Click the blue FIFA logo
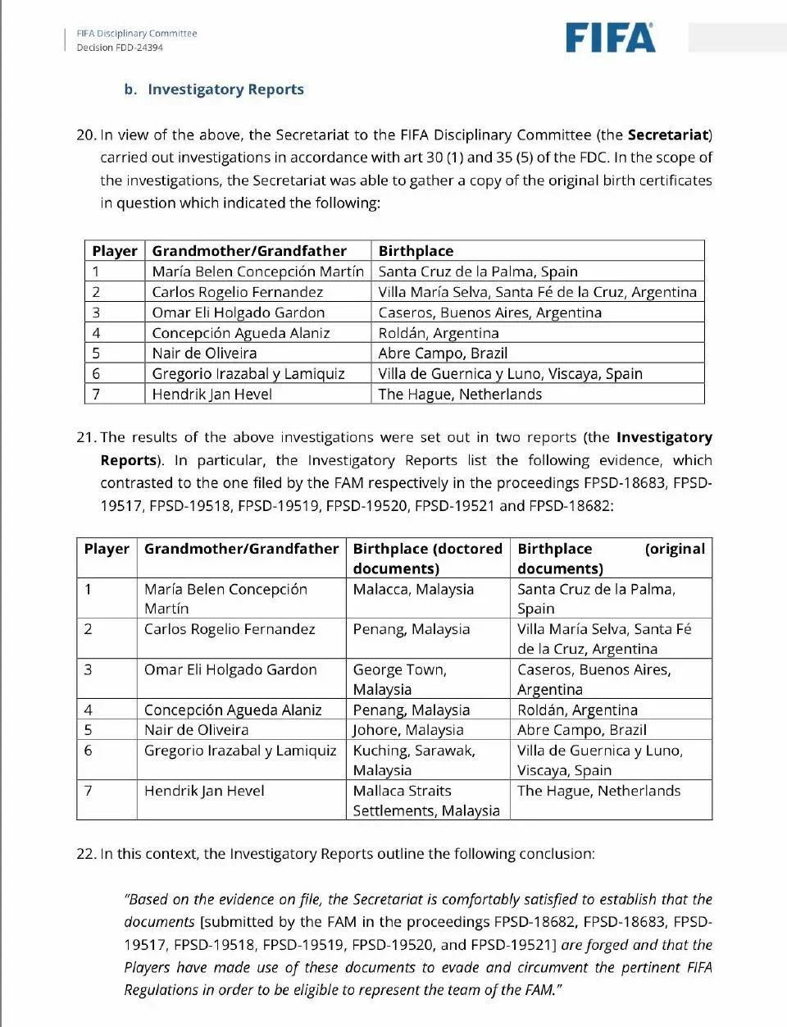click(x=610, y=38)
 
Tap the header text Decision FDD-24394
click(x=120, y=48)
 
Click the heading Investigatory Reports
click(x=225, y=89)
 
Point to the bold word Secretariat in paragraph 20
click(x=667, y=135)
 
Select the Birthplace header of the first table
click(x=416, y=251)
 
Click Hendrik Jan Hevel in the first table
click(x=212, y=394)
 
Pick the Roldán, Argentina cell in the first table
click(x=438, y=333)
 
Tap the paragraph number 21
click(x=86, y=437)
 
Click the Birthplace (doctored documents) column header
click(x=427, y=558)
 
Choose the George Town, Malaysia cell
click(x=400, y=679)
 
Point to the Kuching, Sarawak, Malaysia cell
click(x=414, y=760)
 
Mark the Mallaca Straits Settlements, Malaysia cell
click(x=425, y=801)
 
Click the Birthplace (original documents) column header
click(x=611, y=558)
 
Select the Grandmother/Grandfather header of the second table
click(x=241, y=549)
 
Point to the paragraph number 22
click(x=86, y=854)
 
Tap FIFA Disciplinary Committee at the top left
click(x=137, y=34)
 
